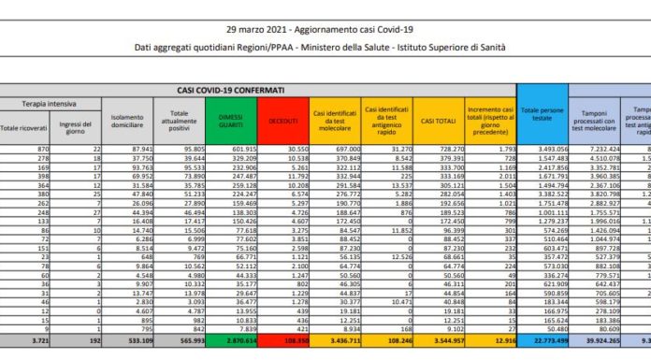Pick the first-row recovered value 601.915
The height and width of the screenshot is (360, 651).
[x=243, y=151]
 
